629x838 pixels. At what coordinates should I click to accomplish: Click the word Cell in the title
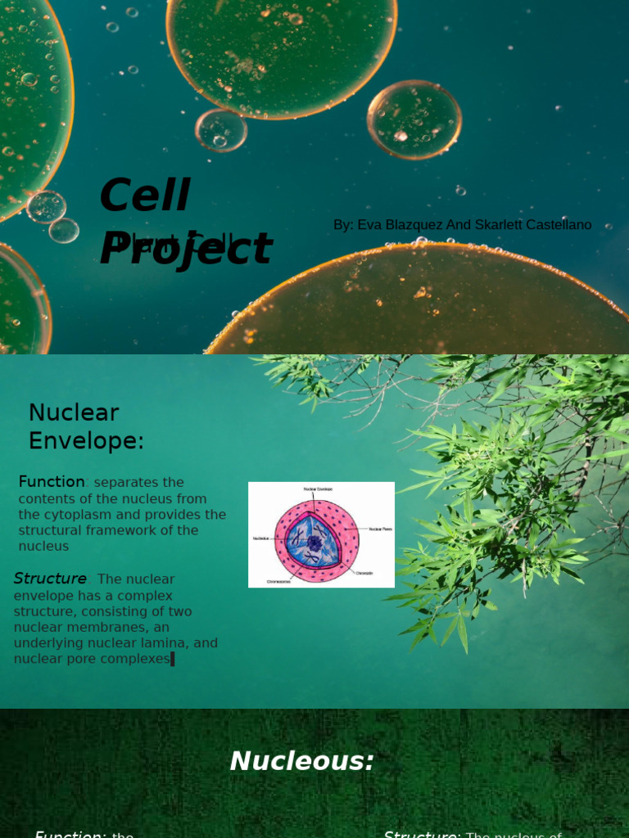pyautogui.click(x=144, y=196)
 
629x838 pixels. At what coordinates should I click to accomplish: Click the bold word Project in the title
pyautogui.click(x=185, y=249)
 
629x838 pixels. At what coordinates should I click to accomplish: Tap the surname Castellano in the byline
pyautogui.click(x=554, y=225)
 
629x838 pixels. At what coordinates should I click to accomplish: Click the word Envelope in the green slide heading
pyautogui.click(x=85, y=441)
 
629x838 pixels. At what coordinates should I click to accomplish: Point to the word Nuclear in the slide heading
pyautogui.click(x=74, y=412)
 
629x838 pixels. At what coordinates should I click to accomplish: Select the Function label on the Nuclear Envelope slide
pyautogui.click(x=52, y=482)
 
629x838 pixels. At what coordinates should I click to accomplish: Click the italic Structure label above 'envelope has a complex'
pyautogui.click(x=50, y=579)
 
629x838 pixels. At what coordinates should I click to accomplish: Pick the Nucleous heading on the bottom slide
pyautogui.click(x=301, y=761)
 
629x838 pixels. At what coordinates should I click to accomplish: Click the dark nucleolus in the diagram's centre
pyautogui.click(x=314, y=543)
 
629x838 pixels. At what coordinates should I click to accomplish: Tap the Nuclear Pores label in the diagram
pyautogui.click(x=381, y=529)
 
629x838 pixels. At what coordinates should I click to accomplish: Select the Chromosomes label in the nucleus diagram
pyautogui.click(x=278, y=582)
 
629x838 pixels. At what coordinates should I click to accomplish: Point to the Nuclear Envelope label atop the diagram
pyautogui.click(x=319, y=489)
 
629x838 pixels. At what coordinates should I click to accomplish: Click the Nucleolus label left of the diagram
pyautogui.click(x=260, y=538)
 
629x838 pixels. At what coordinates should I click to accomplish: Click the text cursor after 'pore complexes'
pyautogui.click(x=173, y=659)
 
